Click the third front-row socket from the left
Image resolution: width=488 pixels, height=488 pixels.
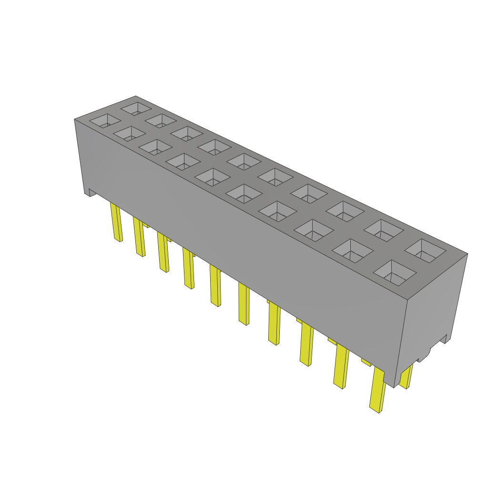click(156, 147)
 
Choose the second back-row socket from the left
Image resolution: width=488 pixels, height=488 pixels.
click(161, 121)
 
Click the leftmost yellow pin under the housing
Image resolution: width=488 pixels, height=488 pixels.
click(116, 222)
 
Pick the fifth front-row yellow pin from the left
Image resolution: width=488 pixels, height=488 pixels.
click(215, 285)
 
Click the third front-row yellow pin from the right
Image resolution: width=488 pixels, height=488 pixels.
click(306, 345)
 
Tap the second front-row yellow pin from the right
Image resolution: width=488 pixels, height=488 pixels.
click(341, 366)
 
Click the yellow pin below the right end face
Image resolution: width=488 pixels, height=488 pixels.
click(407, 377)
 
